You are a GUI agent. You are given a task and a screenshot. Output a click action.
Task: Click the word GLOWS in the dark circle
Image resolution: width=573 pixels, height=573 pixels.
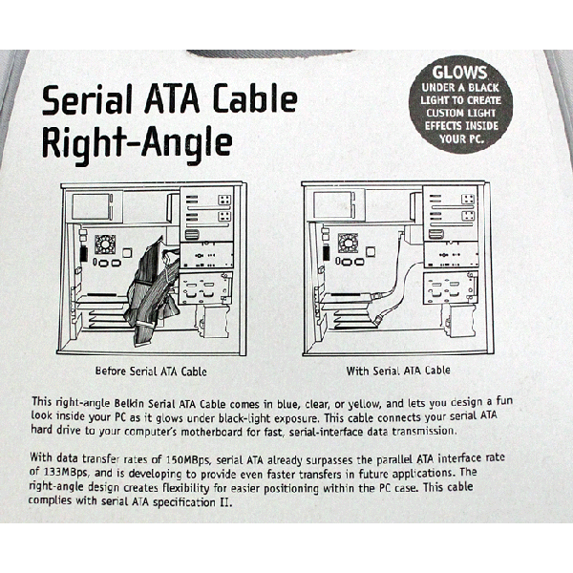pos(459,72)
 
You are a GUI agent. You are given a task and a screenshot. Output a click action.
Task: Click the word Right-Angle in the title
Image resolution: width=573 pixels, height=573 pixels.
pos(137,143)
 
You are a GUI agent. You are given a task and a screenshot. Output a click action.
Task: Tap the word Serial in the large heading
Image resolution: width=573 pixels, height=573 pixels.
pos(87,98)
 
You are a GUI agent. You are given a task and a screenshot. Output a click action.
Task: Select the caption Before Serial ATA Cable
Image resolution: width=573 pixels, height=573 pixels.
pos(151,371)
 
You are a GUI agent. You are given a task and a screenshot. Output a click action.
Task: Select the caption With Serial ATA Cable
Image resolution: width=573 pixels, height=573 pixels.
pos(398,371)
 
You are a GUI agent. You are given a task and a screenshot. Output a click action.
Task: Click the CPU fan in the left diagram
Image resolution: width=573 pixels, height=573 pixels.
pos(105,244)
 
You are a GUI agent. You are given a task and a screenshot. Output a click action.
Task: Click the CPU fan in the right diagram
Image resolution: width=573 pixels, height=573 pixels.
pos(348,243)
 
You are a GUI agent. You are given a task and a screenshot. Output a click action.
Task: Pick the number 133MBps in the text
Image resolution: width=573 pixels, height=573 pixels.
pos(65,472)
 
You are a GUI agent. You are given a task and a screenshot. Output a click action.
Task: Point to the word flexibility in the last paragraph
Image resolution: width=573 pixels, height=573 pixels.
pos(185,488)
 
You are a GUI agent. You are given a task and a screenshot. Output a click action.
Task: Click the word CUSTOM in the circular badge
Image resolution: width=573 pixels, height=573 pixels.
pos(442,113)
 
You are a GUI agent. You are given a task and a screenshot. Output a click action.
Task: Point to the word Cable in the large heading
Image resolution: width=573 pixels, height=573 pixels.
pos(255,98)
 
